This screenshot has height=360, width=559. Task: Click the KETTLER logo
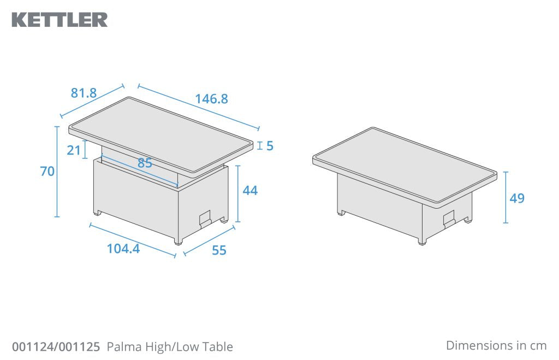[60, 20]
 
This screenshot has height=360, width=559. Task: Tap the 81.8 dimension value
[84, 93]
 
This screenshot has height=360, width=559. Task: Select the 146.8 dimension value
[211, 99]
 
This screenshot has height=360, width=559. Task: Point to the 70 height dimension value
[47, 172]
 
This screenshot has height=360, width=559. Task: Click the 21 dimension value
[74, 150]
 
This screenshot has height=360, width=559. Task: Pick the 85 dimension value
[145, 163]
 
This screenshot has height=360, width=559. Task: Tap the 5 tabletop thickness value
[270, 146]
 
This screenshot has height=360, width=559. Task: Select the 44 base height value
[250, 191]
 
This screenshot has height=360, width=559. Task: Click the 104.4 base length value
[123, 249]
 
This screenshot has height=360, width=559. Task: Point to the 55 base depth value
[219, 250]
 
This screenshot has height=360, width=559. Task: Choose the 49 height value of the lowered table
[517, 198]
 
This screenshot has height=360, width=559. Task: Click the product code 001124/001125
[56, 347]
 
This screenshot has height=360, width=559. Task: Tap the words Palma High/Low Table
[170, 347]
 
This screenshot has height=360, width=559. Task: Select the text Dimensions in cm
[496, 345]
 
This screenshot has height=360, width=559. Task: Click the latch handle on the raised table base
[205, 218]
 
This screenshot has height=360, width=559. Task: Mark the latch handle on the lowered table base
[449, 218]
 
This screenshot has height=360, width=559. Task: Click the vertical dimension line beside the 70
[57, 172]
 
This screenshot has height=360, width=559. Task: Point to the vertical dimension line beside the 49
[506, 198]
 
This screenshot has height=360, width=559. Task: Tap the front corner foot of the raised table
[177, 241]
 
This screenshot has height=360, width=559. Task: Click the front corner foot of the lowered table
[421, 241]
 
